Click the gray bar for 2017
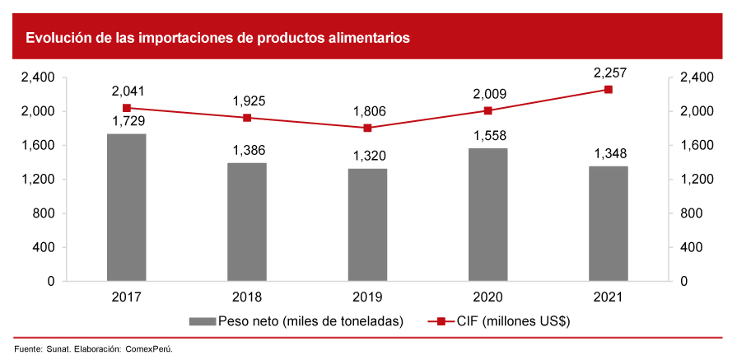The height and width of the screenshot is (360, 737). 127,207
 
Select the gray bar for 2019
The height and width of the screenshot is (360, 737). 367,224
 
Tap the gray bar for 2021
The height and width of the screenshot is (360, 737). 609,223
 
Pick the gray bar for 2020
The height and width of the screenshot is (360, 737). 488,214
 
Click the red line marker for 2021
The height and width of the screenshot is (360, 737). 609,89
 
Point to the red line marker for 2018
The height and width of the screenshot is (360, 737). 247,118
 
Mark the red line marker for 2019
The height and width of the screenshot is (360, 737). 367,128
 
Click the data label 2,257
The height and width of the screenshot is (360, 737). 609,72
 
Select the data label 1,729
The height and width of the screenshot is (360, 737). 127,121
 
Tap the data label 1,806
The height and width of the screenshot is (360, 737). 367,111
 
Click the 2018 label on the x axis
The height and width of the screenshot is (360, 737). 247,297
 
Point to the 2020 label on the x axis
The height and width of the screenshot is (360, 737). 488,297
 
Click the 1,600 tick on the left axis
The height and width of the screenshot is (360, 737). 38,146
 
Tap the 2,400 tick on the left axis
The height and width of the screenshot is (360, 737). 38,77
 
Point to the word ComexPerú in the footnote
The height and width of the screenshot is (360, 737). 149,349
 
